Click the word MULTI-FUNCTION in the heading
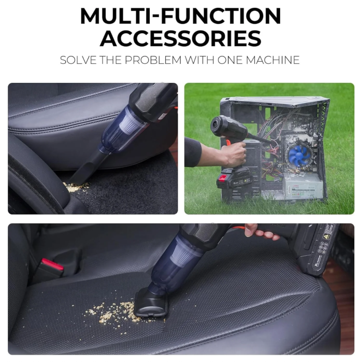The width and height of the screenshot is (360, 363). pyautogui.click(x=180, y=17)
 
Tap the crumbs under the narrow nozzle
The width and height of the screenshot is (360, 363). pyautogui.click(x=76, y=187)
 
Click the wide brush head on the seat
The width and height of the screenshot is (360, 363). pyautogui.click(x=150, y=304)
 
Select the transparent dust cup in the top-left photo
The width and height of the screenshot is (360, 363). pyautogui.click(x=119, y=130)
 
